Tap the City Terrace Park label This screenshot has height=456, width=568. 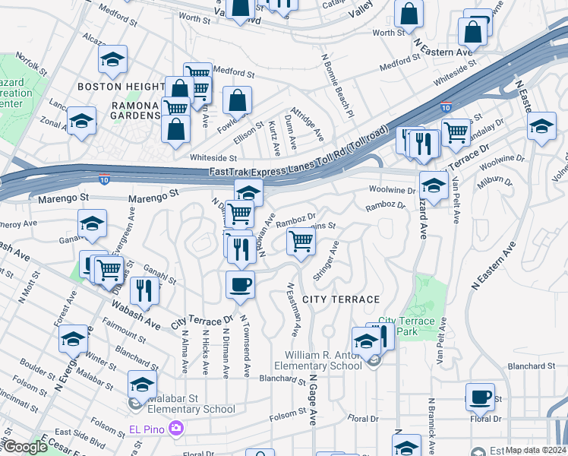click(x=406, y=327)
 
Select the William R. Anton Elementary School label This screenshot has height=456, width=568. click(x=323, y=360)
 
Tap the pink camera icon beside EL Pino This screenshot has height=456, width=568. click(x=176, y=429)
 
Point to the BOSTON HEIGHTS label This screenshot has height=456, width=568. click(x=121, y=87)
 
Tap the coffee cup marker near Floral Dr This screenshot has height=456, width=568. click(x=480, y=397)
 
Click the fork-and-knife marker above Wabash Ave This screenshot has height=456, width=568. click(x=143, y=290)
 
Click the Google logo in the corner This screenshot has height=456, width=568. click(x=24, y=447)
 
